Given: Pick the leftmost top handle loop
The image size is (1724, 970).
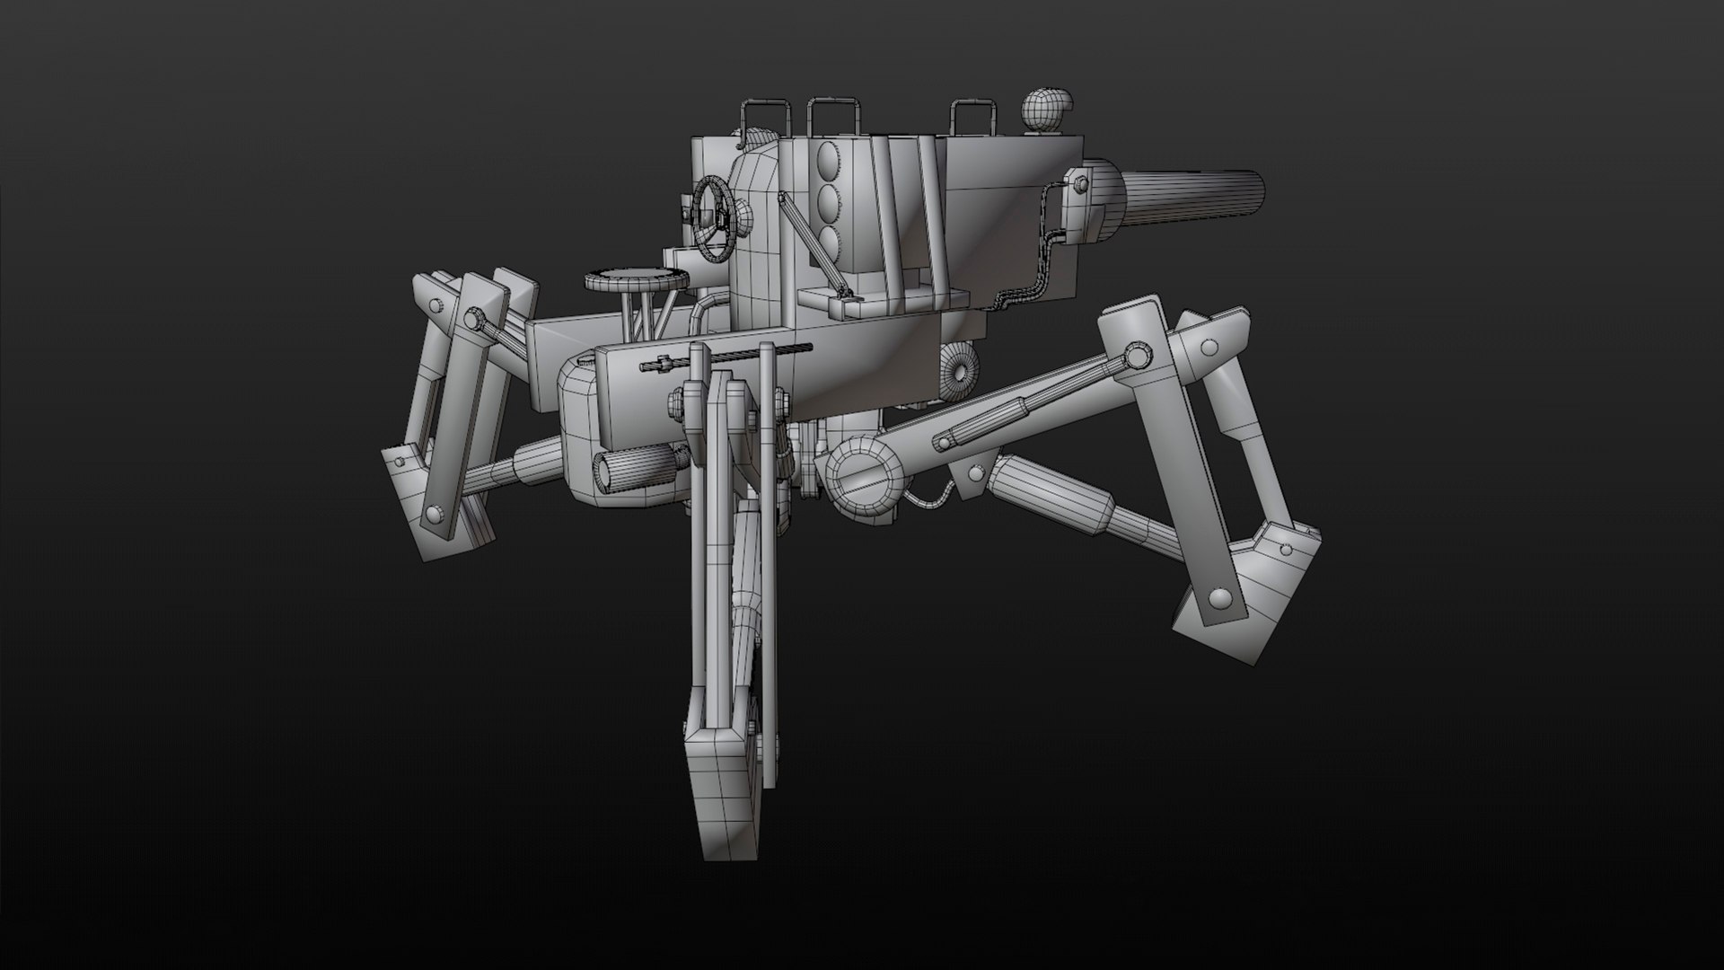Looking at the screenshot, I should pos(764,117).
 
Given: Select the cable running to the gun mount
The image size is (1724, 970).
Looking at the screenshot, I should pos(1033,269).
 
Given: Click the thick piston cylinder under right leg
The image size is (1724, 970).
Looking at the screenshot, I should pos(1042,496).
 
